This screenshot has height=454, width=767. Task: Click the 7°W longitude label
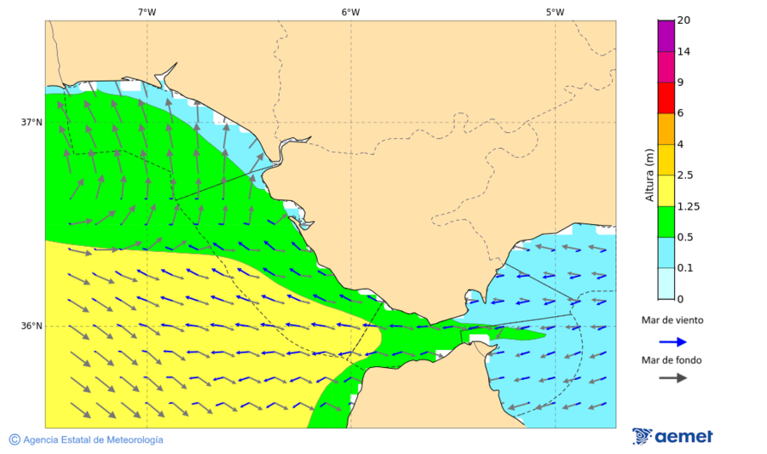(x=147, y=12)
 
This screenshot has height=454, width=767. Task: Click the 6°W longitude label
(x=350, y=12)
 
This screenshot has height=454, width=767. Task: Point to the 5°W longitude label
(x=555, y=12)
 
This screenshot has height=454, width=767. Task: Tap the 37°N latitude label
(x=32, y=122)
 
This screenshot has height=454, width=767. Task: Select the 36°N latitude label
(x=32, y=326)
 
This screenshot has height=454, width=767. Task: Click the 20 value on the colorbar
(x=683, y=20)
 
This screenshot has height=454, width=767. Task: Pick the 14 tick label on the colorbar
(x=683, y=52)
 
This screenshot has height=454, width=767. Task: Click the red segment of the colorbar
(x=666, y=98)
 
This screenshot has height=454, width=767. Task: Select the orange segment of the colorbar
(x=666, y=129)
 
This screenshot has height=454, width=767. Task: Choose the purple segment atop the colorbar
(x=666, y=36)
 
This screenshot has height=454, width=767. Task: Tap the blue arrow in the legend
(x=672, y=342)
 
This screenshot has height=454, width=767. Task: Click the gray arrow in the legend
(x=672, y=377)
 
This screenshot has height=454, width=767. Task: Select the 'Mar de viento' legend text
(x=672, y=320)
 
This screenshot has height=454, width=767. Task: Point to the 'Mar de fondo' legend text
(x=672, y=360)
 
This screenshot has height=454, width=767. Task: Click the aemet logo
(x=672, y=436)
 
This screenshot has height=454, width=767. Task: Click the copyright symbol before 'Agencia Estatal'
(x=14, y=440)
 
